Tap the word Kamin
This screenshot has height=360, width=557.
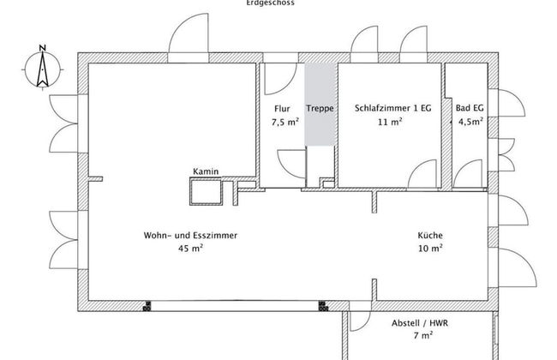click(x=206, y=171)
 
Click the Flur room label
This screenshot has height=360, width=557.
click(x=282, y=109)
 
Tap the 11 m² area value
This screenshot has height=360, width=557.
click(x=390, y=123)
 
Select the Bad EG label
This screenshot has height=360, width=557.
click(x=470, y=109)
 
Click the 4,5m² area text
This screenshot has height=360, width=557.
click(x=470, y=123)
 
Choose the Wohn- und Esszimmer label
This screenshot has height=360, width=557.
click(x=190, y=235)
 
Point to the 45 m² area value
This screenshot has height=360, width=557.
click(x=190, y=249)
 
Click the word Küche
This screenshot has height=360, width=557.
click(x=429, y=235)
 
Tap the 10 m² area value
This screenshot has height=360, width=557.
click(x=429, y=249)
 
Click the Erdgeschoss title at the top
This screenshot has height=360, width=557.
click(x=270, y=3)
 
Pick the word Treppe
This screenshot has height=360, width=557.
click(x=320, y=109)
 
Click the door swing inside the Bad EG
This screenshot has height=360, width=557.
click(x=469, y=173)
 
